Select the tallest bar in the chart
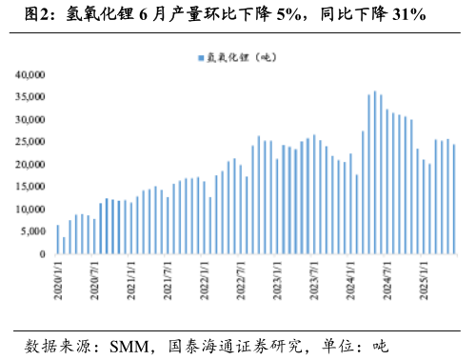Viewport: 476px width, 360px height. [x=375, y=172]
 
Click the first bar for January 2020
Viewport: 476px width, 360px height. [x=58, y=239]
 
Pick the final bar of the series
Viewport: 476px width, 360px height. [x=454, y=199]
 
